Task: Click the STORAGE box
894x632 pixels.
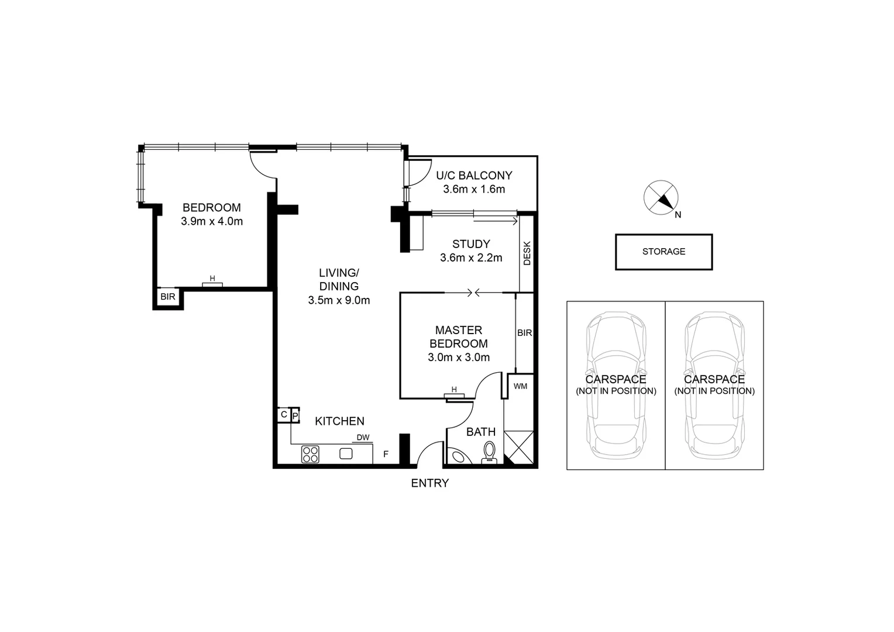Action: coord(663,252)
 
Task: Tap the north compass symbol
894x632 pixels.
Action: coord(661,198)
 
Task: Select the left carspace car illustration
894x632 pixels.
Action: coord(616,386)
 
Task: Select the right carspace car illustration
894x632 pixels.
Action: coord(714,386)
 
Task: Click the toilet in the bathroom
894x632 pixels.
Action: coord(489,452)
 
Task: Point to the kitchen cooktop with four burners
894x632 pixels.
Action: coord(310,454)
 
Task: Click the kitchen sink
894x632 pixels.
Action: coord(346,453)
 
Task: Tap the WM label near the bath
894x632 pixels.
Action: coord(520,386)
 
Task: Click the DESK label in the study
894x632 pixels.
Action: coord(527,253)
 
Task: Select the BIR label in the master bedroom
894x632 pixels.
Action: coord(524,333)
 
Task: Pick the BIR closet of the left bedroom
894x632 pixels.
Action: coord(168,297)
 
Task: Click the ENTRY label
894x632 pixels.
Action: coord(429,483)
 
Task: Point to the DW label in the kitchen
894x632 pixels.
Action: coord(363,437)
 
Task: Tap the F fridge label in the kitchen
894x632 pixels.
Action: coord(386,454)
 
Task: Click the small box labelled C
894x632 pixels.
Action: coord(284,415)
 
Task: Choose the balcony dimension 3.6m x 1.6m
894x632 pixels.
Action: coord(474,190)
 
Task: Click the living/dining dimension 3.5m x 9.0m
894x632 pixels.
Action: coord(339,301)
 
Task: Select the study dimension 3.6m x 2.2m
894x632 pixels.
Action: coord(471,258)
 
